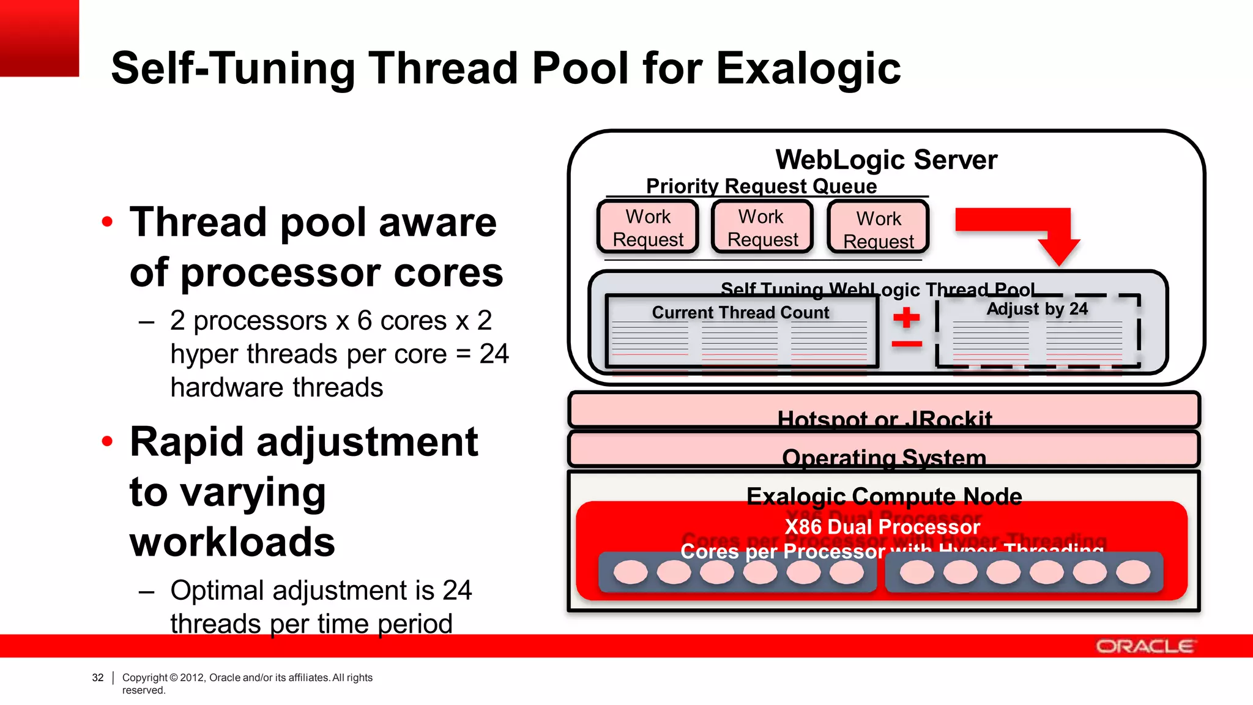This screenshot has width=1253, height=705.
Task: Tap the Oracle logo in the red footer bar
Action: (1144, 646)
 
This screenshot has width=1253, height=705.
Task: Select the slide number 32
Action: (98, 677)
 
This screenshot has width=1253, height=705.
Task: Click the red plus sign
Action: (906, 318)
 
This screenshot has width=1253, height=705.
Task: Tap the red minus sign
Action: (906, 344)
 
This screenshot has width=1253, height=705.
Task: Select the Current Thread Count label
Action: (740, 313)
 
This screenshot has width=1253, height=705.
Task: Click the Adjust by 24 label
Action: (1037, 309)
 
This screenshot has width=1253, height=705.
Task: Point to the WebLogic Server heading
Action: (886, 160)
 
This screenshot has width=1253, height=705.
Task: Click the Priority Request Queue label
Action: (761, 186)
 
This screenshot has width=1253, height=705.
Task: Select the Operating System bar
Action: (884, 450)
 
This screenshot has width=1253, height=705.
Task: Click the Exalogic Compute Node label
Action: (884, 496)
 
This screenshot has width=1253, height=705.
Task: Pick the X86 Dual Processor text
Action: (882, 527)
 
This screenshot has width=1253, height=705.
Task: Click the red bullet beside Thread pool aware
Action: (107, 222)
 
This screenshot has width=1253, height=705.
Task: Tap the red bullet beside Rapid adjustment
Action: (107, 441)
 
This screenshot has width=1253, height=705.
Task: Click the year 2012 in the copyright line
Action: (191, 677)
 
